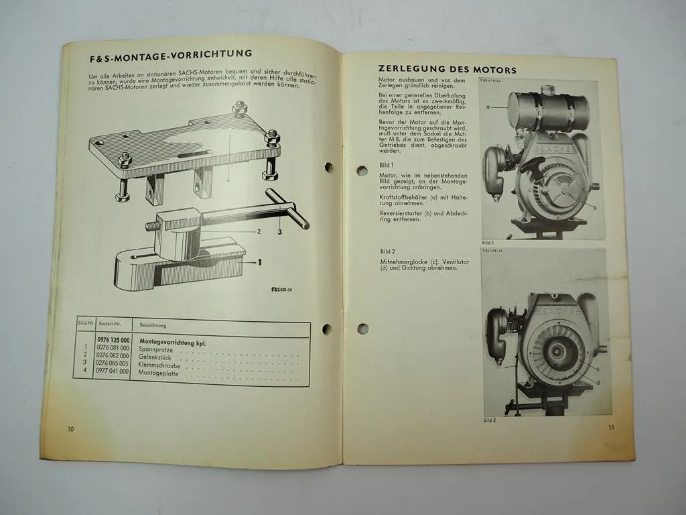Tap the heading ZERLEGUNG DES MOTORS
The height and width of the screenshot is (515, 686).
[x=448, y=69]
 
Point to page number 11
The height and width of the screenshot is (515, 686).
[x=611, y=427]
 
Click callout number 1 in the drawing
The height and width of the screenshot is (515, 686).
[x=259, y=264]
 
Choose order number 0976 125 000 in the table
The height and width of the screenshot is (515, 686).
[x=115, y=341]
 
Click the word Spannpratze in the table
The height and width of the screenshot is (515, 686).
[x=155, y=349]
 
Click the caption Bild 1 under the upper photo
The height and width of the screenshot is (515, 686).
[x=488, y=243]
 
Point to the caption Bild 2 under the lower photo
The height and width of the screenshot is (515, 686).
[x=489, y=420]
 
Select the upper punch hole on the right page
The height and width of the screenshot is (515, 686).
[x=362, y=170]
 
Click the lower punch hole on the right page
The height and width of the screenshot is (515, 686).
[x=362, y=329]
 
